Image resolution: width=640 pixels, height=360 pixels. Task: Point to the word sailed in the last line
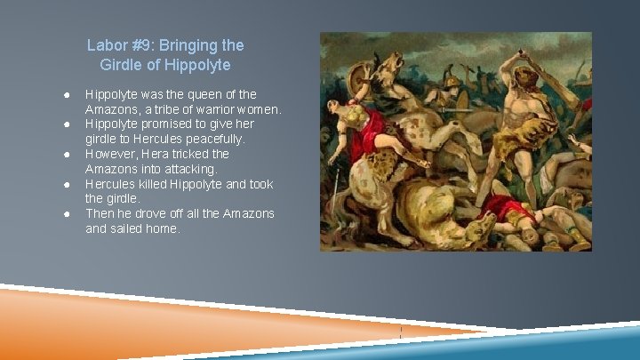(x=131, y=228)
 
